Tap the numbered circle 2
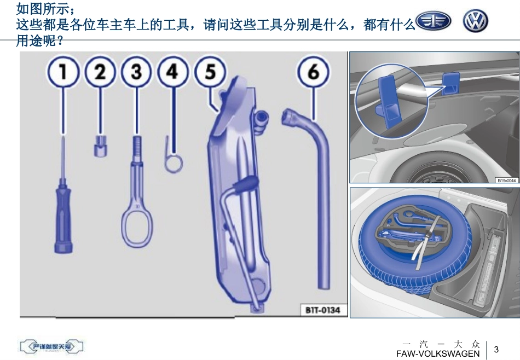point(100,73)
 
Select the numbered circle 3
point(136,73)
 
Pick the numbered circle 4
point(172,73)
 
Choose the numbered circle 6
point(313,73)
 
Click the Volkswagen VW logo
point(475,22)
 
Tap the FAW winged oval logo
point(434,22)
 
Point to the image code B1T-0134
point(322,310)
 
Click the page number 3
point(496,350)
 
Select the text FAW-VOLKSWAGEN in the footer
point(438,354)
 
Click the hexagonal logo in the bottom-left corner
point(52,346)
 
